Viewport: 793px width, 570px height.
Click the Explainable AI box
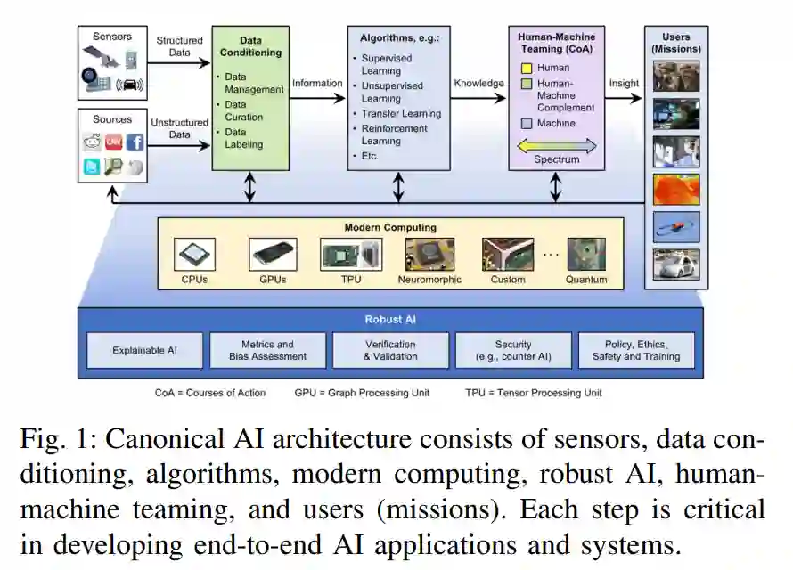pyautogui.click(x=144, y=350)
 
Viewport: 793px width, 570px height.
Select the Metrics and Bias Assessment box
pyautogui.click(x=267, y=350)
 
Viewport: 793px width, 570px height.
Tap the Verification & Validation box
pyautogui.click(x=390, y=350)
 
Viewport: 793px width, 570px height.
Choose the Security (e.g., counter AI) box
pyautogui.click(x=513, y=350)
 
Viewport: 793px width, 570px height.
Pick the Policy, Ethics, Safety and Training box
pyautogui.click(x=636, y=350)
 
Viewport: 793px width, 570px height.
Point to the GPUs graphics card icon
pyautogui.click(x=272, y=254)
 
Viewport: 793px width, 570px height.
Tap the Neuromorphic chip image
pyautogui.click(x=429, y=254)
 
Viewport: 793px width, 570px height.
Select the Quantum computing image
pyautogui.click(x=585, y=254)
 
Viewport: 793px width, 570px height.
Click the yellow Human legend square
pyautogui.click(x=527, y=68)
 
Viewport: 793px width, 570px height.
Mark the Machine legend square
pyautogui.click(x=527, y=124)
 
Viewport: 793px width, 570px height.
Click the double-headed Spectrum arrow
pyautogui.click(x=557, y=145)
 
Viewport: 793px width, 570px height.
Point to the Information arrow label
pyautogui.click(x=317, y=84)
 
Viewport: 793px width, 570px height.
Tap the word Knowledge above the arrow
pyautogui.click(x=478, y=84)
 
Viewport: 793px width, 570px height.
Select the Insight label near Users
pyautogui.click(x=624, y=84)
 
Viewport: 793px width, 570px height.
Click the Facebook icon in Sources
pyautogui.click(x=135, y=142)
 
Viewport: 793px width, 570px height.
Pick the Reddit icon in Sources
pyautogui.click(x=93, y=142)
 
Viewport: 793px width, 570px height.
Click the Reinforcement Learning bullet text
pyautogui.click(x=395, y=134)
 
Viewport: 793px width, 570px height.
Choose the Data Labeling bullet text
pyautogui.click(x=243, y=138)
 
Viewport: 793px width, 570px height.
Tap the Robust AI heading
pyautogui.click(x=390, y=319)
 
